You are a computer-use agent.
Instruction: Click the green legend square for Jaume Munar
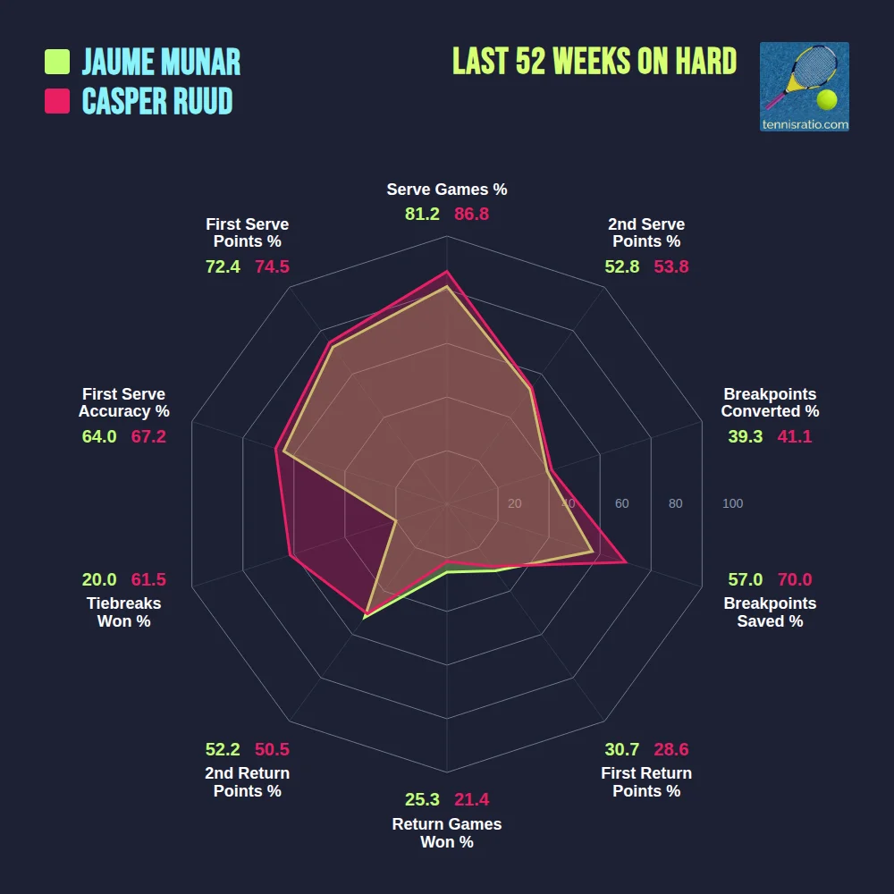pyautogui.click(x=57, y=62)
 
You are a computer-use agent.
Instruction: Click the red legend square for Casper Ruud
pyautogui.click(x=57, y=101)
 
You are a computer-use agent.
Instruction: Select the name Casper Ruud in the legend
pyautogui.click(x=157, y=101)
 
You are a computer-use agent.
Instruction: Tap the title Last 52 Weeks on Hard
pyautogui.click(x=595, y=62)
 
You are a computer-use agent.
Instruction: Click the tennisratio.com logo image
pyautogui.click(x=804, y=87)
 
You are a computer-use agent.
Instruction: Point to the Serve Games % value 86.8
pyautogui.click(x=471, y=215)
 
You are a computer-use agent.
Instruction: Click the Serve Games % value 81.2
pyautogui.click(x=422, y=215)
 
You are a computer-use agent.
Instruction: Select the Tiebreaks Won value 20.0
pyautogui.click(x=99, y=579)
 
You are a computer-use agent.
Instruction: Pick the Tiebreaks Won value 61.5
pyautogui.click(x=148, y=579)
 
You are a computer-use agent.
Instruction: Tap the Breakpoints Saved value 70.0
pyautogui.click(x=795, y=579)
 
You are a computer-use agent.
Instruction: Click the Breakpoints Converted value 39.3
pyautogui.click(x=746, y=436)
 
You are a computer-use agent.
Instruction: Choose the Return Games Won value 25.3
pyautogui.click(x=422, y=799)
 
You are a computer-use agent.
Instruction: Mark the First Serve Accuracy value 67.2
pyautogui.click(x=148, y=436)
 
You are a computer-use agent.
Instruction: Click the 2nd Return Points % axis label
pyautogui.click(x=248, y=782)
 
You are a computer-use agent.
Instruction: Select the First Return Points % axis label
pyautogui.click(x=646, y=782)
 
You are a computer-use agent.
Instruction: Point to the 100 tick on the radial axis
pyautogui.click(x=732, y=503)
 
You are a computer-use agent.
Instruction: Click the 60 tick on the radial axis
pyautogui.click(x=621, y=503)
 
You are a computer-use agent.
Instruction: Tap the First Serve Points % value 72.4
pyautogui.click(x=223, y=266)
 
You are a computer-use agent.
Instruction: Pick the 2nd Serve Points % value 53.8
pyautogui.click(x=671, y=266)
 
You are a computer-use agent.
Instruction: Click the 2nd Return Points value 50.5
pyautogui.click(x=272, y=749)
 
